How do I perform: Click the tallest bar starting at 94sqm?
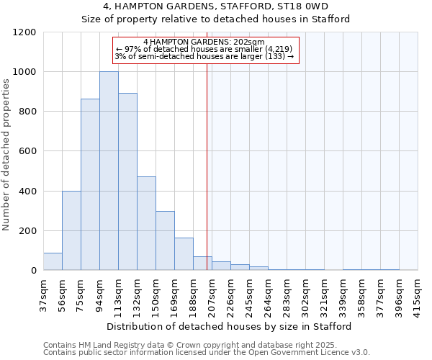pos(109,171)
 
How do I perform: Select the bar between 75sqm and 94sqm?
pos(90,185)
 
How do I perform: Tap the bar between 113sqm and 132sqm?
pos(127,182)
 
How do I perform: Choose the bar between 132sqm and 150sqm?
pos(146,224)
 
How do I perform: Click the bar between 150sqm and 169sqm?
pos(165,241)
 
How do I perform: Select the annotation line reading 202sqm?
pos(204,42)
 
